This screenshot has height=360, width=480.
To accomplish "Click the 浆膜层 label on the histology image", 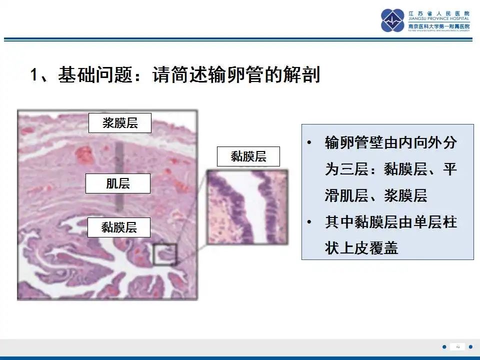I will [x=119, y=123].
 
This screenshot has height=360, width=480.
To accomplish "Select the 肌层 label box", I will [x=118, y=183].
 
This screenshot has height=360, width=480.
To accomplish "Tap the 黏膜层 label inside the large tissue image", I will [x=119, y=227].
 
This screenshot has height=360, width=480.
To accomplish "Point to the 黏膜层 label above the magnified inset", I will [x=248, y=156].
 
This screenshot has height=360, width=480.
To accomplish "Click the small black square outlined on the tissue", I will [x=165, y=254].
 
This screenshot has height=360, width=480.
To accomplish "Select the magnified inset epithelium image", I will [x=247, y=206].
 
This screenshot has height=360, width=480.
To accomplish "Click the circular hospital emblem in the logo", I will [x=392, y=20].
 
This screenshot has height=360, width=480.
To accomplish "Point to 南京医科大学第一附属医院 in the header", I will [x=439, y=26].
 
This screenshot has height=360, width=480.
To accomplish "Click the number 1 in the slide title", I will [x=34, y=75].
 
